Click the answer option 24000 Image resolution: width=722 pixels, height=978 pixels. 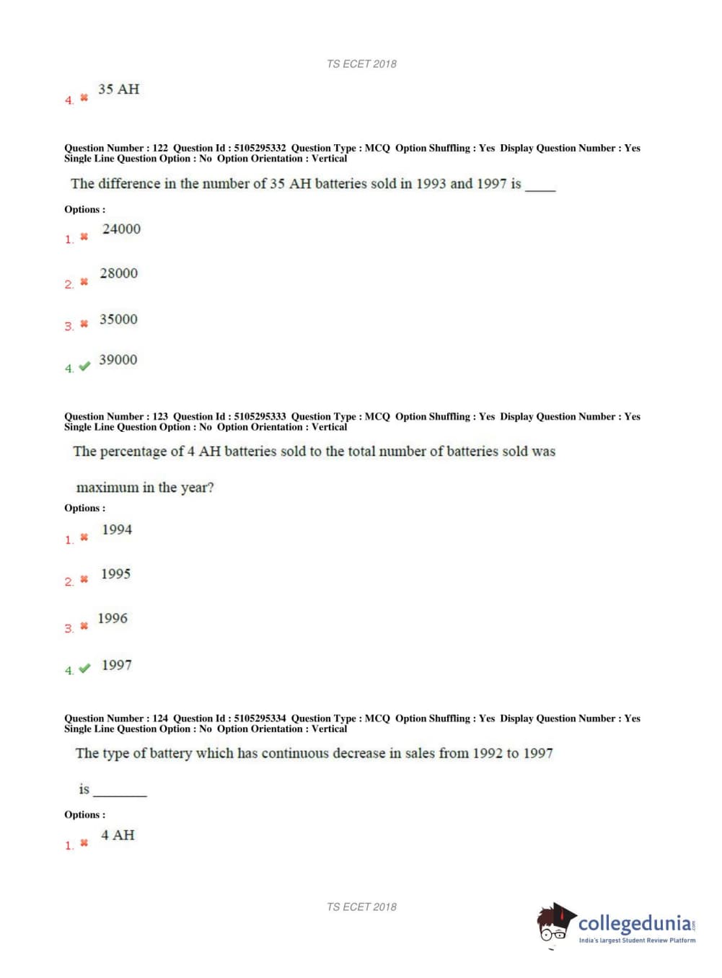click(121, 229)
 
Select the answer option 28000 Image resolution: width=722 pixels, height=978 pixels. click(118, 273)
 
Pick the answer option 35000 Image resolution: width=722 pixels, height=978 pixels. click(118, 320)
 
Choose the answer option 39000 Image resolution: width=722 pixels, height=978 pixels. click(118, 360)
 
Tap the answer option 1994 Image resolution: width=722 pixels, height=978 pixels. click(117, 530)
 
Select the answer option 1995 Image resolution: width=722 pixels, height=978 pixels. click(115, 574)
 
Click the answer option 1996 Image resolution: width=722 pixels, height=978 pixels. click(113, 619)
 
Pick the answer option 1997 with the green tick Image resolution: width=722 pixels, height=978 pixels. click(117, 665)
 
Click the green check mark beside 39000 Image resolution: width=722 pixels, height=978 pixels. click(84, 366)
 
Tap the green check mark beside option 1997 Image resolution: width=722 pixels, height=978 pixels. click(84, 669)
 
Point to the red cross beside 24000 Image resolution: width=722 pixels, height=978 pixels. click(84, 237)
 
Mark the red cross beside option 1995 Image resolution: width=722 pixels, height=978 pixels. click(84, 579)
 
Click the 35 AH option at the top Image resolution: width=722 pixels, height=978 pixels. click(118, 89)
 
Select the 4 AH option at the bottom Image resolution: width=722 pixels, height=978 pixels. click(118, 835)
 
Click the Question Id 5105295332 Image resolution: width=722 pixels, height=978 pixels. click(260, 148)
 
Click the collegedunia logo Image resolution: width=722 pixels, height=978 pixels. click(617, 925)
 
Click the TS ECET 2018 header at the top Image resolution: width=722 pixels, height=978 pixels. click(361, 64)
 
